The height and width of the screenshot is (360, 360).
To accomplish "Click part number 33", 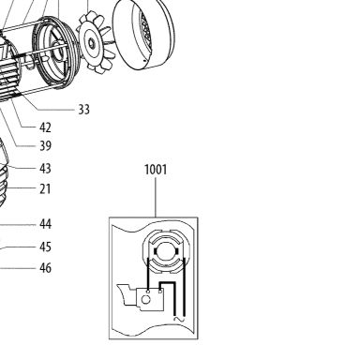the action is click(x=83, y=110).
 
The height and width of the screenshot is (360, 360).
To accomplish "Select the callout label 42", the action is click(x=45, y=127).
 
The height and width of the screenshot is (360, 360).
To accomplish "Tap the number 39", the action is click(x=45, y=145).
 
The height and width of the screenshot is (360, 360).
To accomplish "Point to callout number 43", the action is click(x=45, y=169).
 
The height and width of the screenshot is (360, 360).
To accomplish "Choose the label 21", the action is click(x=45, y=188).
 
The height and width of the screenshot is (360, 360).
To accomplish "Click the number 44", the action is click(x=45, y=224).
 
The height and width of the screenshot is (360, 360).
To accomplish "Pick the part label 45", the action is click(x=45, y=247).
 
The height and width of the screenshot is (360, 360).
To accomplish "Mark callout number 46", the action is click(x=45, y=268).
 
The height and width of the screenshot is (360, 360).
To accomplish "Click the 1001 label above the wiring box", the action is click(x=156, y=170).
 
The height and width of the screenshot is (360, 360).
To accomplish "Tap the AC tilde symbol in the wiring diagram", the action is click(x=179, y=319).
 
